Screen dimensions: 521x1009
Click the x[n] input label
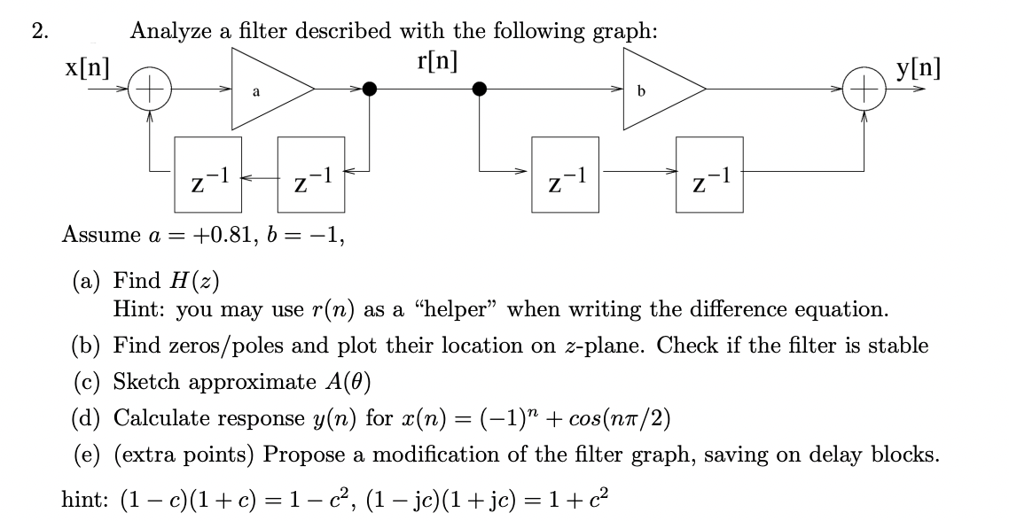[86, 68]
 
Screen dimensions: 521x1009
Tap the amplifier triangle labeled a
[266, 89]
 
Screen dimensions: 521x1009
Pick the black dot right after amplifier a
[371, 89]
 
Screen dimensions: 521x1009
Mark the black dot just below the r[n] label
[481, 89]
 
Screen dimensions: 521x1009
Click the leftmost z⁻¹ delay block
[208, 174]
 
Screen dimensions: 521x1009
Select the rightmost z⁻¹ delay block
[709, 174]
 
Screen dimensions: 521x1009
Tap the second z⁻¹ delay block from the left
[310, 174]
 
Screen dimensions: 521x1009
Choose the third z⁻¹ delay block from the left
[565, 174]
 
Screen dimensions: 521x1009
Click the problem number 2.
[38, 32]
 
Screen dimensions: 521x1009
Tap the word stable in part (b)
[897, 345]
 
